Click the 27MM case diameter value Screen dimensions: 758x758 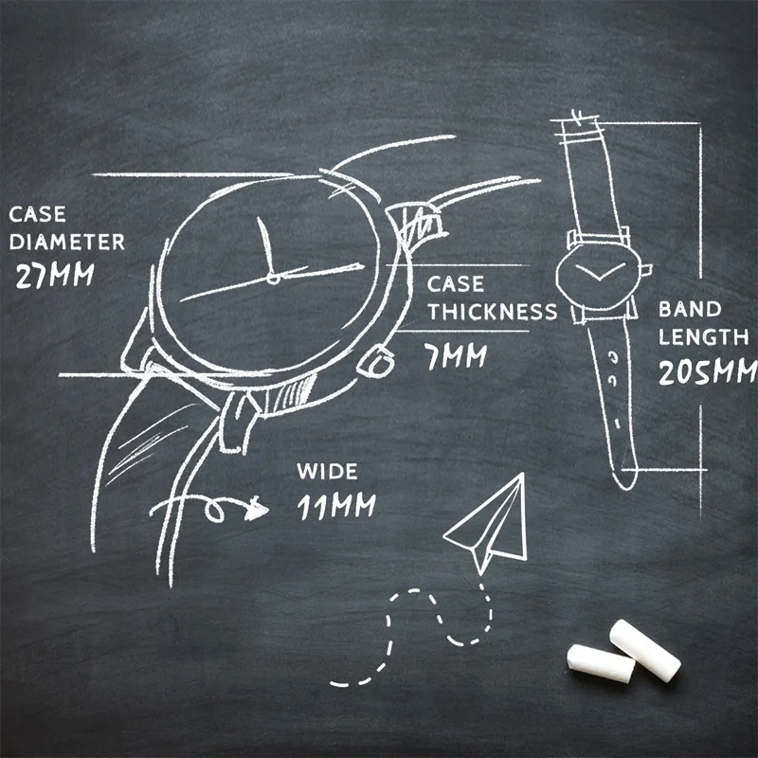[x=56, y=276]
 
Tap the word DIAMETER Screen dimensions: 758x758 [x=66, y=242]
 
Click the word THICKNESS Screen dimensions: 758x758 [x=491, y=312]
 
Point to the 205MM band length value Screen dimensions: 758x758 [x=707, y=371]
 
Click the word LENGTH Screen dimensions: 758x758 [x=703, y=337]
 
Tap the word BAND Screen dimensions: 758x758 [x=690, y=309]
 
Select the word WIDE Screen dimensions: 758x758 [x=327, y=472]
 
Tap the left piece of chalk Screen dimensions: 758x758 [x=600, y=663]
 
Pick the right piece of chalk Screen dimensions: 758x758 [x=645, y=649]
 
